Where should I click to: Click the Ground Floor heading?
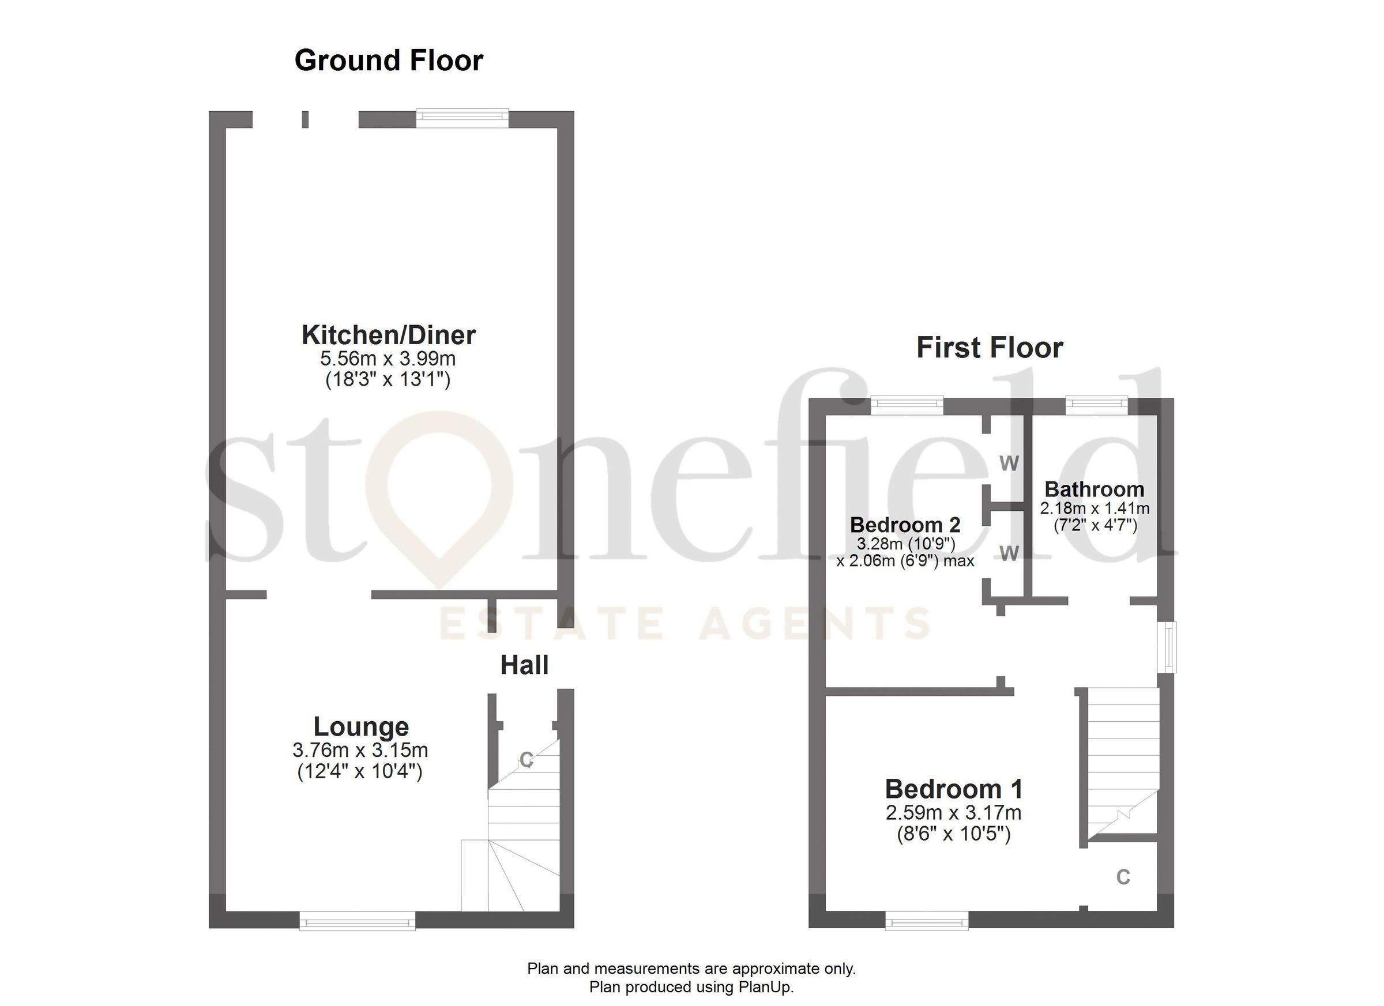pyautogui.click(x=389, y=61)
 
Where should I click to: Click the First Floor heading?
pyautogui.click(x=989, y=348)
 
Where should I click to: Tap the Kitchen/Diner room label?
pyautogui.click(x=389, y=335)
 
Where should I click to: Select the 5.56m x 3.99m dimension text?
pyautogui.click(x=388, y=358)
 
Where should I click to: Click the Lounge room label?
pyautogui.click(x=360, y=726)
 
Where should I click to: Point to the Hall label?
pyautogui.click(x=524, y=665)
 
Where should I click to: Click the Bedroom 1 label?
pyautogui.click(x=953, y=789)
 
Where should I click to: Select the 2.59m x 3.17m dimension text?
pyautogui.click(x=953, y=813)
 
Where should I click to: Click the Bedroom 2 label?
pyautogui.click(x=905, y=525)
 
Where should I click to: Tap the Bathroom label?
pyautogui.click(x=1094, y=489)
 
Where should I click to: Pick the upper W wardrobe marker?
pyautogui.click(x=1009, y=464)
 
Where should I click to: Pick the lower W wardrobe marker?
pyautogui.click(x=1009, y=553)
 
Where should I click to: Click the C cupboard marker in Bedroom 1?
pyautogui.click(x=1123, y=877)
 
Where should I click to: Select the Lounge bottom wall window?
pyautogui.click(x=357, y=921)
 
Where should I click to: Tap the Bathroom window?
pyautogui.click(x=1097, y=405)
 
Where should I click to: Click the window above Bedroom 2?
pyautogui.click(x=906, y=405)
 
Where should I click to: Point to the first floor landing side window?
pyautogui.click(x=1167, y=647)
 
